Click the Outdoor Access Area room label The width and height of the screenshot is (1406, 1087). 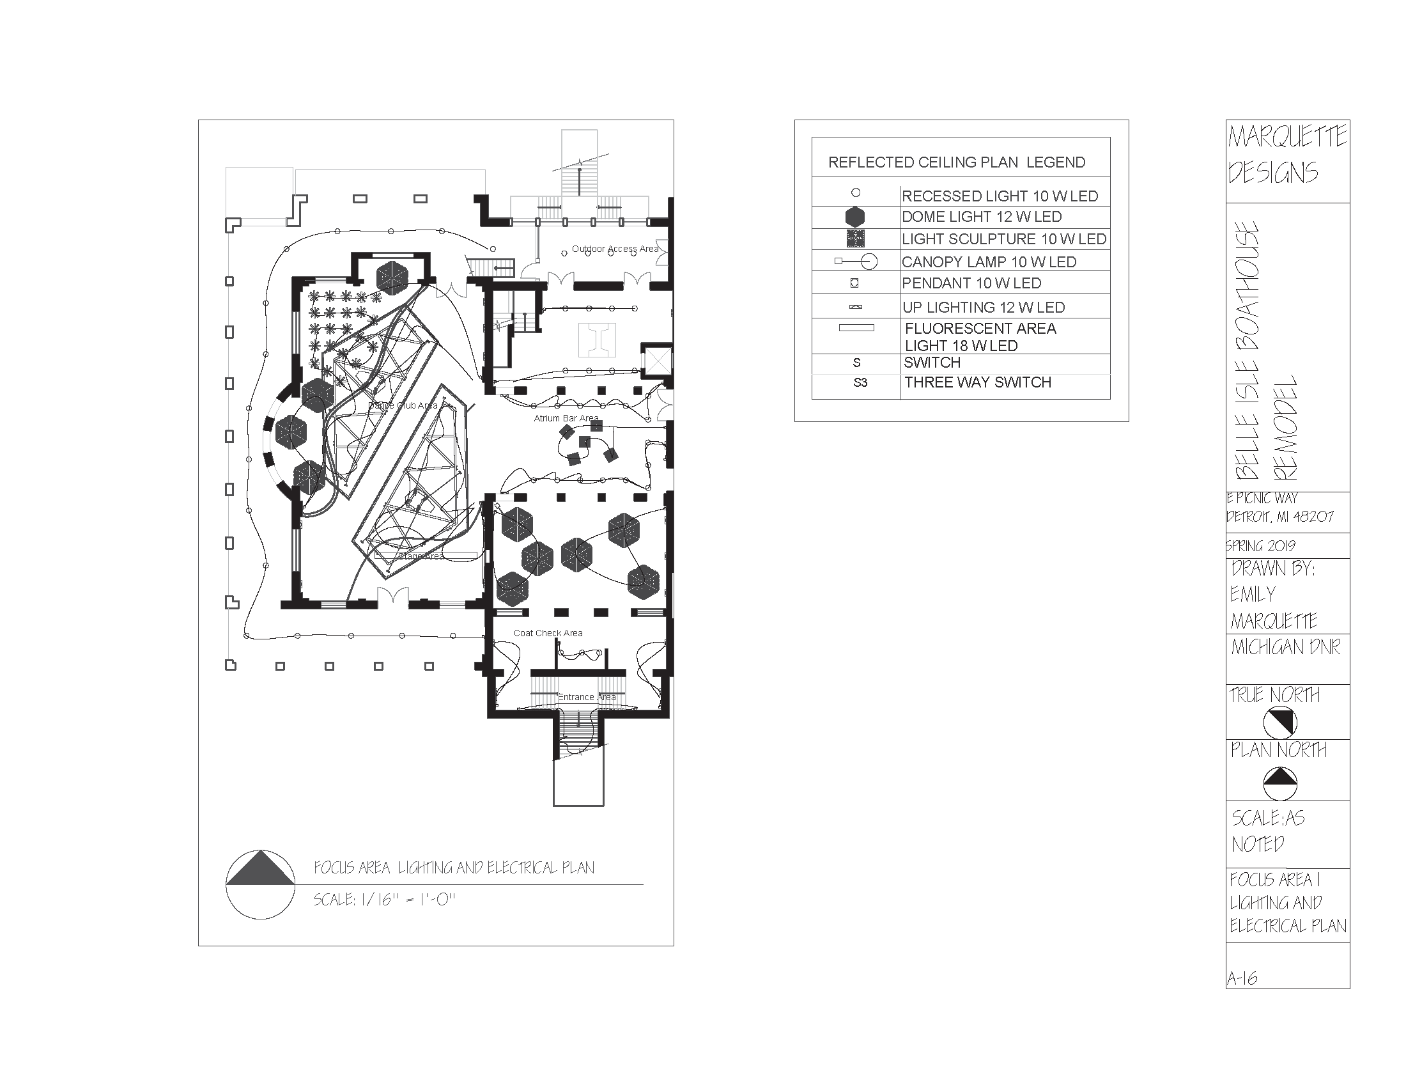tap(615, 249)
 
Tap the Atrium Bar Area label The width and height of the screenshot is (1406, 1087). tap(566, 418)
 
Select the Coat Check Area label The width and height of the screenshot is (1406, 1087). tap(548, 633)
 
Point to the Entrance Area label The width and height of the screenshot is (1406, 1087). tap(587, 697)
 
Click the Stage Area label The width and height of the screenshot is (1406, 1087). tap(421, 556)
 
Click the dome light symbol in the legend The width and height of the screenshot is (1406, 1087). tap(855, 217)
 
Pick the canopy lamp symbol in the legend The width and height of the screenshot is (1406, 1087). tap(856, 261)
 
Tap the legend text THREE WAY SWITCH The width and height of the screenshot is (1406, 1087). tap(977, 382)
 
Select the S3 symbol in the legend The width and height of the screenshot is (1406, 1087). tap(860, 382)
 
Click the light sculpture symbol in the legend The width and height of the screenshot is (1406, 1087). tap(855, 239)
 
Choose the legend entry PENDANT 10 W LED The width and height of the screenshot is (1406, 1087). tap(971, 283)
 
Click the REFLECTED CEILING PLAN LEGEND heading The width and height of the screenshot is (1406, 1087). tap(956, 162)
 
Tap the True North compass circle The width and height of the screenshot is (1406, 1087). tap(1279, 722)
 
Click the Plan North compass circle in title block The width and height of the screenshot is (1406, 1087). tap(1279, 783)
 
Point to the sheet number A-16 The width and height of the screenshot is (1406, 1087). tap(1242, 978)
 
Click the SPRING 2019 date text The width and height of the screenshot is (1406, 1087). tap(1260, 545)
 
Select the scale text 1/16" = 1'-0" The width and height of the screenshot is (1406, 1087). tap(384, 899)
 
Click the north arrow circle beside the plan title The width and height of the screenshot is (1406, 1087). tap(260, 884)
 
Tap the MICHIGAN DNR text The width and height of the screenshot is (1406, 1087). tap(1285, 646)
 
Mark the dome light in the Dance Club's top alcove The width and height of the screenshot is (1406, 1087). tap(392, 278)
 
